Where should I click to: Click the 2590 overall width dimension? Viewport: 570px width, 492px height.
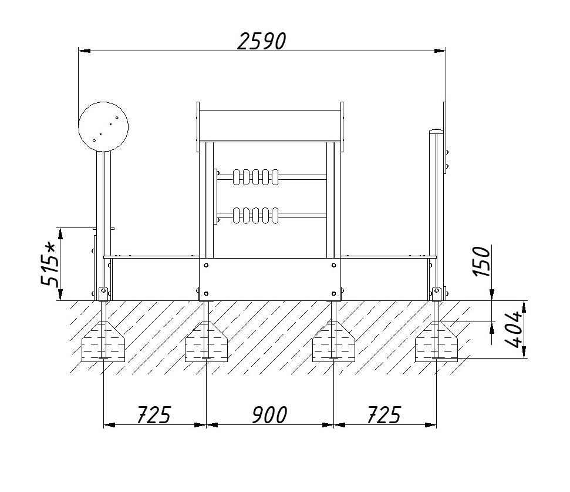pyautogui.click(x=262, y=41)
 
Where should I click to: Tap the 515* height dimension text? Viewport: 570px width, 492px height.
pyautogui.click(x=49, y=265)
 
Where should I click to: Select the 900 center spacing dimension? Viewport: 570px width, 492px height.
pyautogui.click(x=269, y=415)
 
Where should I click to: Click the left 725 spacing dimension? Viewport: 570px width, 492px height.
pyautogui.click(x=154, y=415)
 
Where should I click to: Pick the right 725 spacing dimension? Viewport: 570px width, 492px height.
pyautogui.click(x=385, y=415)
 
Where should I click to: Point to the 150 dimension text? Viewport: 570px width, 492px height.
pyautogui.click(x=482, y=262)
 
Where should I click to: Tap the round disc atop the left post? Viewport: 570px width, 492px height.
pyautogui.click(x=103, y=126)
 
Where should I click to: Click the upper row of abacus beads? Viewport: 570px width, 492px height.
pyautogui.click(x=256, y=177)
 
